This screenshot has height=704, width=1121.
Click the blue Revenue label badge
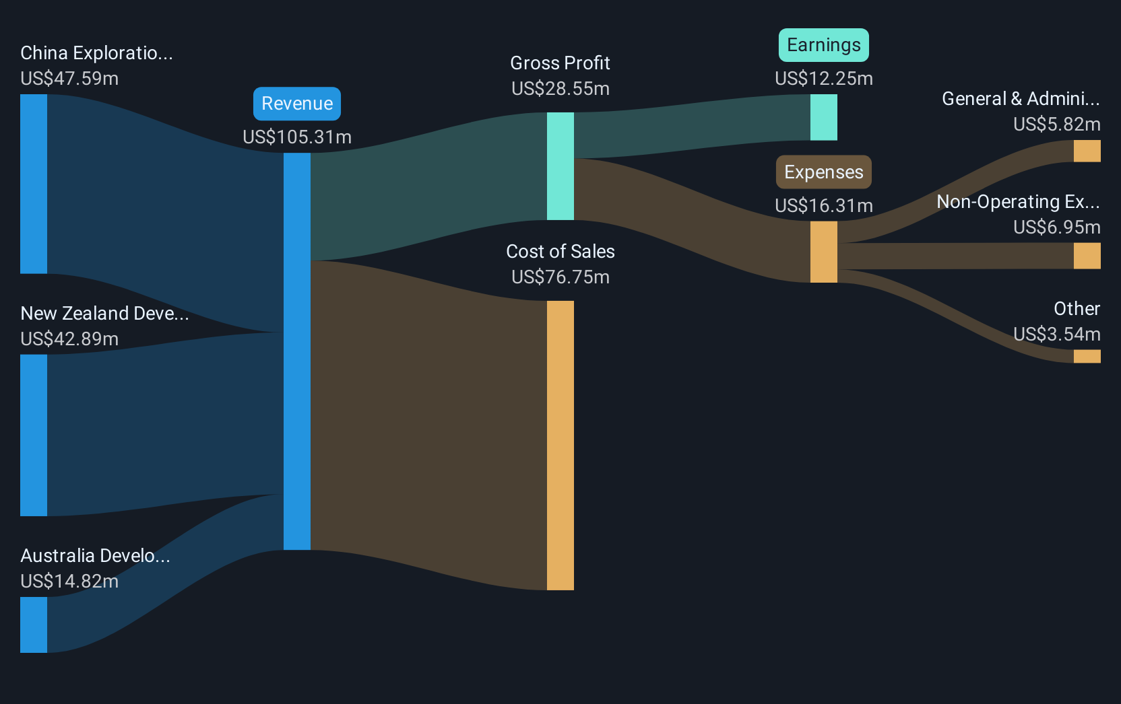pyautogui.click(x=297, y=104)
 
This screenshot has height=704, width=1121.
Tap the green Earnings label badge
pyautogui.click(x=823, y=45)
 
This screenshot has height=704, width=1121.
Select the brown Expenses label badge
pyautogui.click(x=823, y=172)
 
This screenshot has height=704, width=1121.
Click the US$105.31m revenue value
pyautogui.click(x=297, y=137)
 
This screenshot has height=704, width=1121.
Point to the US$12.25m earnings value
pyautogui.click(x=823, y=79)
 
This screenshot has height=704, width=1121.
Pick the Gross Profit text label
pyautogui.click(x=560, y=63)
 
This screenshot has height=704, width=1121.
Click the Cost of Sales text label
pyautogui.click(x=560, y=252)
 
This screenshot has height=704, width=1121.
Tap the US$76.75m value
pyautogui.click(x=560, y=277)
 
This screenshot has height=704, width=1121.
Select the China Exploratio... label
pyautogui.click(x=96, y=53)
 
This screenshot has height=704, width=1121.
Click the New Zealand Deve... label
pyautogui.click(x=104, y=314)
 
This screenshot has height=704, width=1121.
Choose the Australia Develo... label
pyautogui.click(x=95, y=556)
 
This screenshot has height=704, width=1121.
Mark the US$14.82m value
pyautogui.click(x=69, y=582)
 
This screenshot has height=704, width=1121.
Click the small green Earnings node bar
pyautogui.click(x=823, y=117)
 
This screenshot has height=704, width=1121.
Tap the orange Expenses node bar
pyautogui.click(x=823, y=252)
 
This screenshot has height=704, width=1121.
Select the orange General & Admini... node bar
pyautogui.click(x=1087, y=151)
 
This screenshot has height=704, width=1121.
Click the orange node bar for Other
pyautogui.click(x=1087, y=356)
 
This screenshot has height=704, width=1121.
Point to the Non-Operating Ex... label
pyautogui.click(x=1018, y=202)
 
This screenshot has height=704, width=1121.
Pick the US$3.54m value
pyautogui.click(x=1056, y=335)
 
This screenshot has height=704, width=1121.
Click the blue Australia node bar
pyautogui.click(x=34, y=625)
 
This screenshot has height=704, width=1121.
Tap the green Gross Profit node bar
pyautogui.click(x=560, y=166)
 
